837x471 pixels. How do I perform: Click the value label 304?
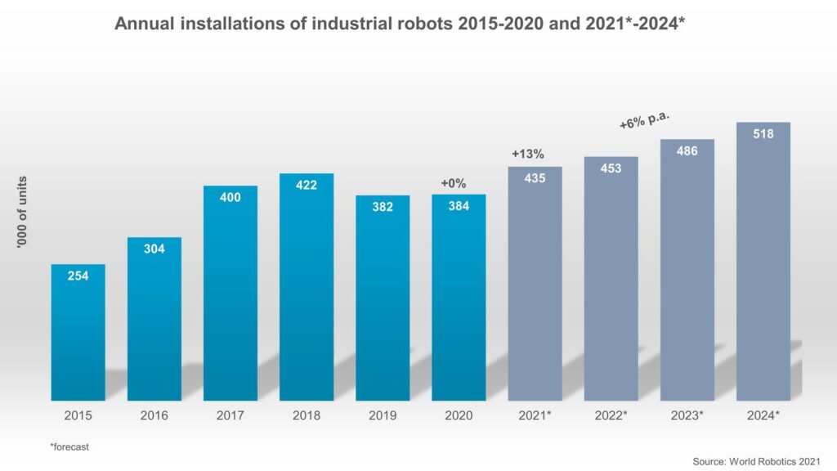[x=154, y=249]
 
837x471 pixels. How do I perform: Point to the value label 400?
[x=231, y=197]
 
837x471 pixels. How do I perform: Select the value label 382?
[x=383, y=207]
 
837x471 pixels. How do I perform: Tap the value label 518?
[x=763, y=133]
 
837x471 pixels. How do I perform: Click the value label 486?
[x=687, y=150]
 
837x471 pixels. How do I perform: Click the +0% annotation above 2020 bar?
[x=453, y=183]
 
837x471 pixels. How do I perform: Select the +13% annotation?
[x=528, y=154]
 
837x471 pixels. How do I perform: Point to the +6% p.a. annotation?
[x=645, y=121]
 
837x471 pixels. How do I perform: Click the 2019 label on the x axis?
[x=383, y=415]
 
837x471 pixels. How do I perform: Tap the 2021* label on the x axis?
[x=535, y=415]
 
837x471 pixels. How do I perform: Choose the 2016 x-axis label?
[x=154, y=415]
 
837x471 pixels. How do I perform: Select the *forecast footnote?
[x=70, y=446]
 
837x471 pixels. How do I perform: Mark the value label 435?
[x=535, y=178]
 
